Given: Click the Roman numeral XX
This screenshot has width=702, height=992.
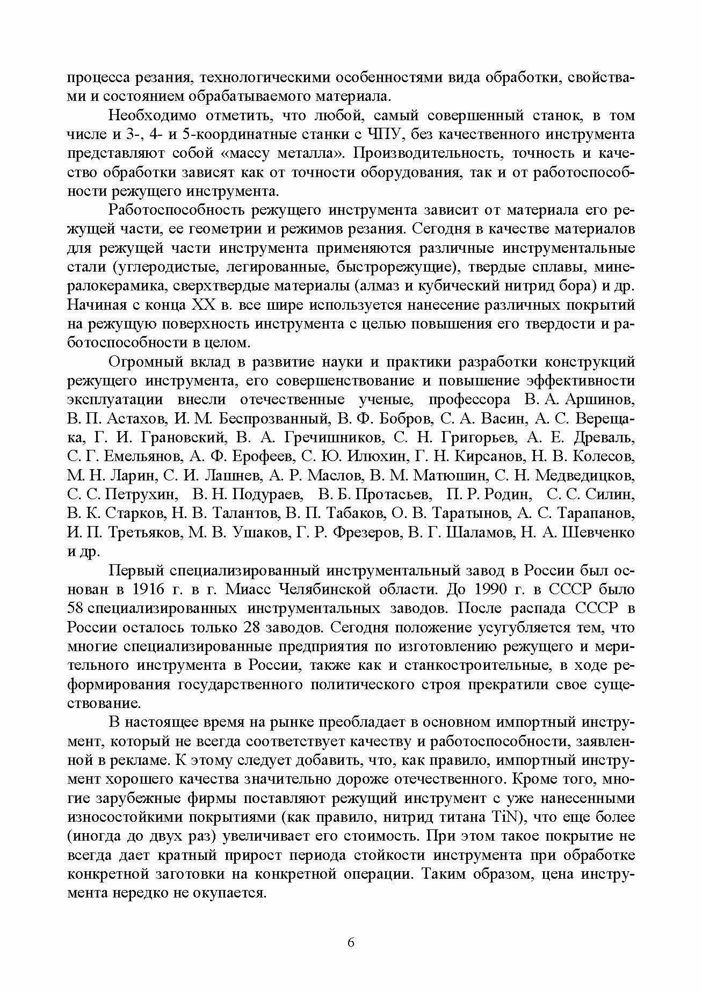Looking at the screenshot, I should click(202, 305).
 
